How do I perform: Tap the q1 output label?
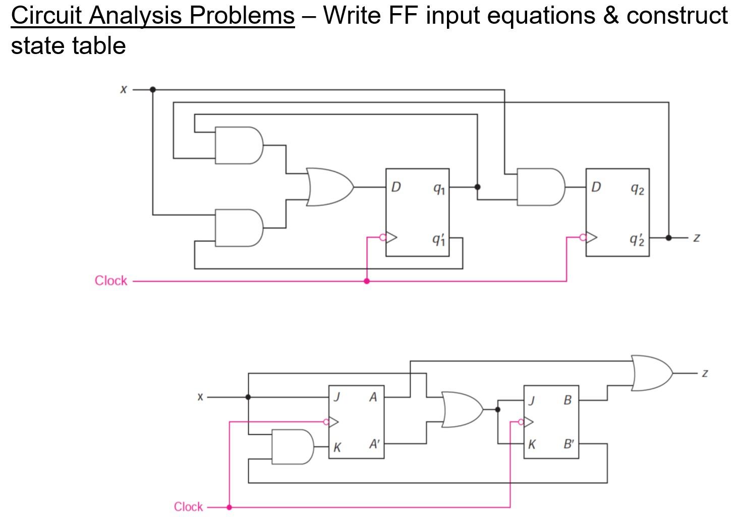pyautogui.click(x=439, y=189)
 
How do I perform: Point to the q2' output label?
pyautogui.click(x=637, y=239)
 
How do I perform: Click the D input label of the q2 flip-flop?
pyautogui.click(x=596, y=187)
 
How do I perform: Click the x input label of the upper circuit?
pyautogui.click(x=124, y=89)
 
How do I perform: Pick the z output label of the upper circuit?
pyautogui.click(x=697, y=237)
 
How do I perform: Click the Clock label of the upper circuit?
pyautogui.click(x=111, y=281)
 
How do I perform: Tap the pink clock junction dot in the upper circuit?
pyautogui.click(x=367, y=281)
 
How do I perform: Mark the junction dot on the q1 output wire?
pyautogui.click(x=477, y=187)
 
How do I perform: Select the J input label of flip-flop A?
pyautogui.click(x=337, y=397)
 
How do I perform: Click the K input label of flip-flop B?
pyautogui.click(x=532, y=445)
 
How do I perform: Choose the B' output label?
pyautogui.click(x=569, y=445)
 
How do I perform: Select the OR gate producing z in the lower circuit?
pyautogui.click(x=651, y=373)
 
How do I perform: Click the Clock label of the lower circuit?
pyautogui.click(x=188, y=506)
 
